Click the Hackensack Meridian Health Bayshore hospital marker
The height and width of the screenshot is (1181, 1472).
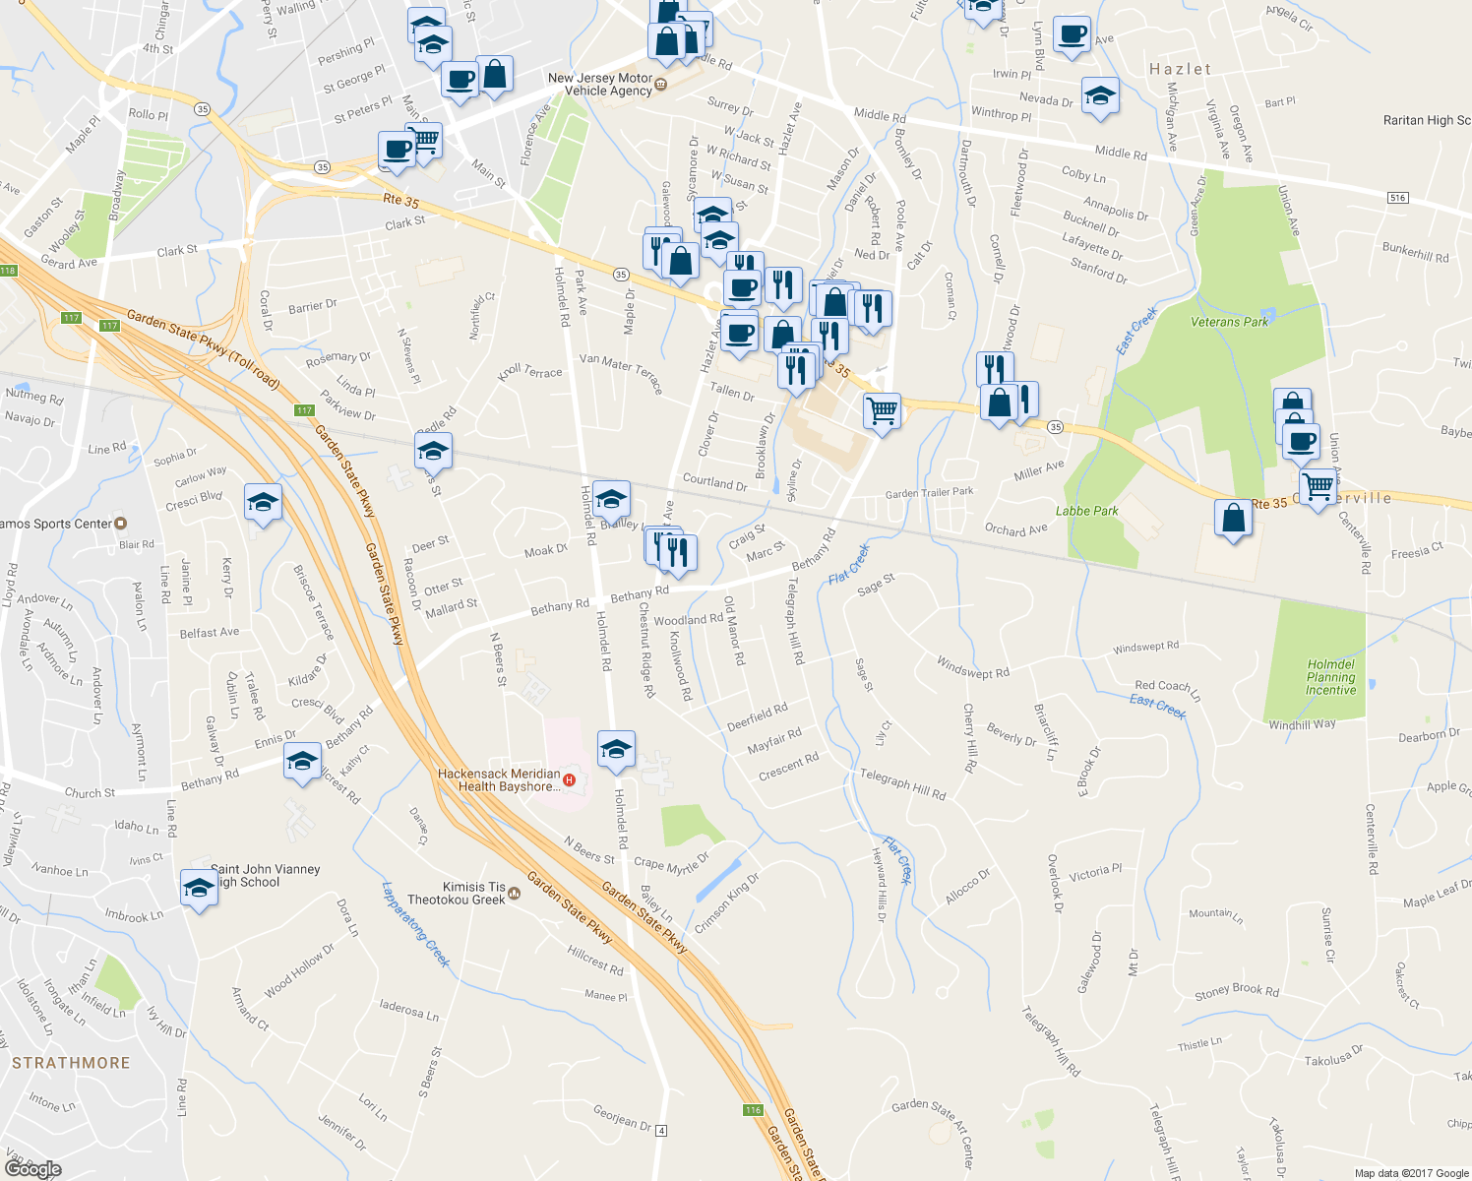tap(569, 780)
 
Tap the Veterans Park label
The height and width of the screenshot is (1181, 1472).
tap(1229, 322)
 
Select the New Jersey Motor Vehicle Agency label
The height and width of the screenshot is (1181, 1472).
tap(601, 85)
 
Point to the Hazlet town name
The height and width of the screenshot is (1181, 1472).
tap(1180, 69)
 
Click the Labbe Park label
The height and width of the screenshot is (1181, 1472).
tap(1086, 511)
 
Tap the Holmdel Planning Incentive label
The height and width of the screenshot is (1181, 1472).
tap(1330, 677)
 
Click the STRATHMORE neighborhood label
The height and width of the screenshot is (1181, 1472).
tap(71, 1063)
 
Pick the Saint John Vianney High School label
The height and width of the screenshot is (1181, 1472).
tap(264, 876)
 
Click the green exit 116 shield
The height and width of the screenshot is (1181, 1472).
tap(753, 1109)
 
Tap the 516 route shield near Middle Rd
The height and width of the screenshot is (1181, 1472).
tap(1397, 198)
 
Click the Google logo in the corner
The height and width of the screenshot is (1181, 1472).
tap(32, 1168)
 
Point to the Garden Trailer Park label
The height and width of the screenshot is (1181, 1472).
tap(929, 493)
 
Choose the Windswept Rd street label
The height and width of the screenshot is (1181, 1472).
tap(972, 667)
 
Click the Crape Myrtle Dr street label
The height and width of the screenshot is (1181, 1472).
tap(671, 864)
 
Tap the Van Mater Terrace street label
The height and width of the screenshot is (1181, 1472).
tap(621, 372)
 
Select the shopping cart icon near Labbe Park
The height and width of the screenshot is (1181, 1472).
tap(1317, 484)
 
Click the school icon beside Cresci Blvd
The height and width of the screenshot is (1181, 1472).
tap(263, 503)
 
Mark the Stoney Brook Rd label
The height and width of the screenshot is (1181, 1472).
tap(1237, 991)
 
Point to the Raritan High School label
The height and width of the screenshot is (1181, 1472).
tap(1427, 120)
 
